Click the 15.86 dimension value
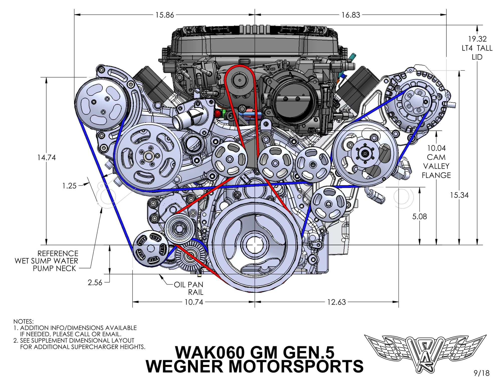coord(165,15)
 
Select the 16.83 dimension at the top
coord(351,15)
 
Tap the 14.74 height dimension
coord(46,158)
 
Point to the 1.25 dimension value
coord(69,186)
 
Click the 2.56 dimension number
coord(95,283)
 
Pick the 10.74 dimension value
coord(194,302)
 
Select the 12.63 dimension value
coord(336,302)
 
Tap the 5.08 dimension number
coord(419,216)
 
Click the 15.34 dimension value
coord(459,195)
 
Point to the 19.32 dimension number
coord(477,39)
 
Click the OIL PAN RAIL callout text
coord(189,288)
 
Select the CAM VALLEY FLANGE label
coord(436,162)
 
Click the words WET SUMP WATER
coord(46,261)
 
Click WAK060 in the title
coord(209,352)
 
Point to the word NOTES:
coord(23,321)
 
